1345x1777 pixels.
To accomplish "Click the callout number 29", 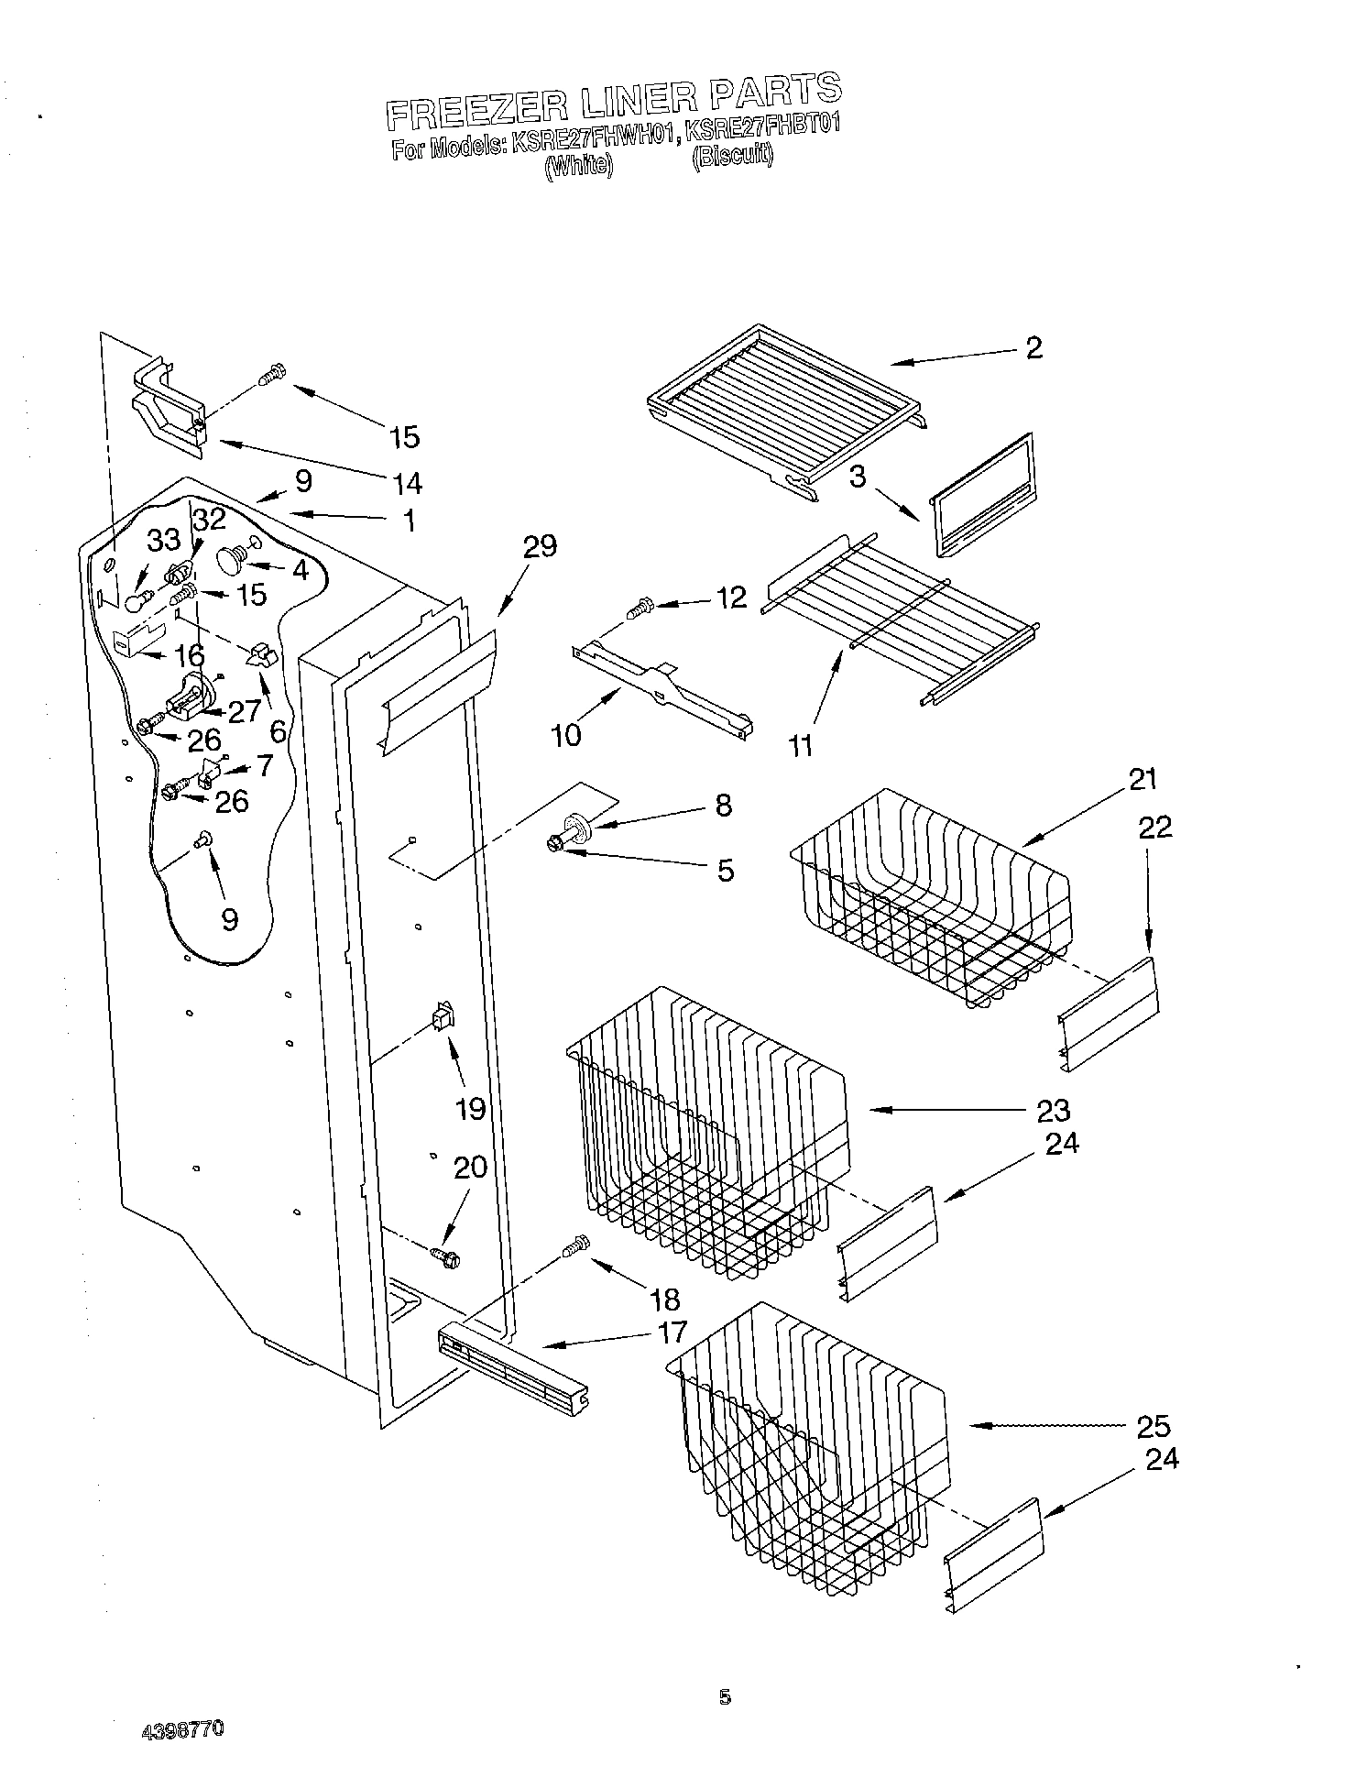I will coord(540,547).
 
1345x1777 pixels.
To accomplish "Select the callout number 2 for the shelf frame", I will coord(1033,347).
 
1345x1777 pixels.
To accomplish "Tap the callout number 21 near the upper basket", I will coord(1142,779).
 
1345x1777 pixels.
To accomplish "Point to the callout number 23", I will coord(1053,1110).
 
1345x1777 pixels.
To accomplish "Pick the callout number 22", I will coord(1155,827).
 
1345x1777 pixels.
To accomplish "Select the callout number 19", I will coord(470,1109).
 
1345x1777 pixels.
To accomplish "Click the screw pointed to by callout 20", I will coord(445,1256).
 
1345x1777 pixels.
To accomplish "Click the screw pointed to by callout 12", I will coord(640,606).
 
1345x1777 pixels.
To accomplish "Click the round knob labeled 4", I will coord(228,556).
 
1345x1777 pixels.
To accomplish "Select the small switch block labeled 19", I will coord(443,1016).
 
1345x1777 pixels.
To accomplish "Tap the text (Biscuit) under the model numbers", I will coord(732,156).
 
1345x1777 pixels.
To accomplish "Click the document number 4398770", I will coord(183,1730).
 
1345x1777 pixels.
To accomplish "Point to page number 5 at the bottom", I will coord(725,1697).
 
